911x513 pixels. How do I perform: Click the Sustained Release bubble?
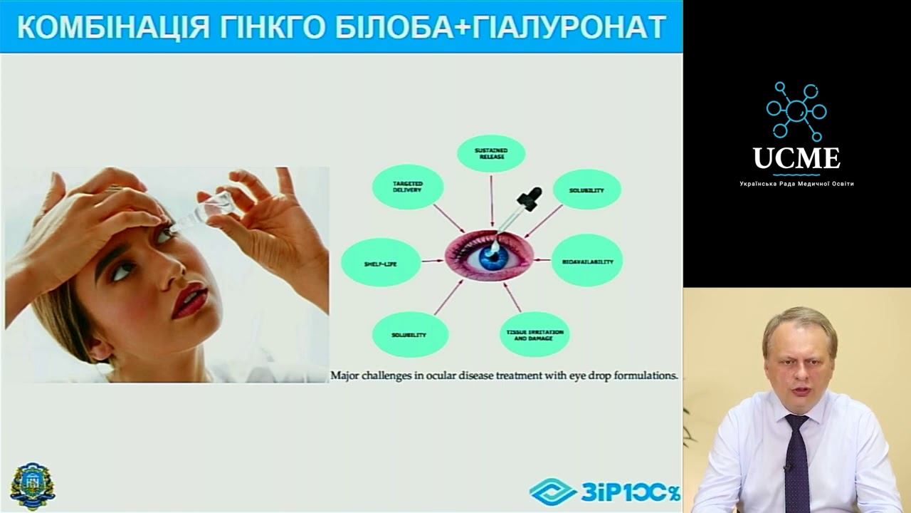pos(490,153)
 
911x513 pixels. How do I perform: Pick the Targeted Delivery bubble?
pos(408,187)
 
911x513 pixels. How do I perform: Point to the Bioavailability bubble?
pos(587,261)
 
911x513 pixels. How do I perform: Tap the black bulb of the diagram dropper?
pos(533,195)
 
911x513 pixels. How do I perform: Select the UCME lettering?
pos(796,158)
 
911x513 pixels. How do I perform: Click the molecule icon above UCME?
pos(796,110)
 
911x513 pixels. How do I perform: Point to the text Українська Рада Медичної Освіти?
pos(796,184)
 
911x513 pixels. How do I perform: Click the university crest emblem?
pos(32,486)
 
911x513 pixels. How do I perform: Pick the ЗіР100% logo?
pos(605,492)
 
